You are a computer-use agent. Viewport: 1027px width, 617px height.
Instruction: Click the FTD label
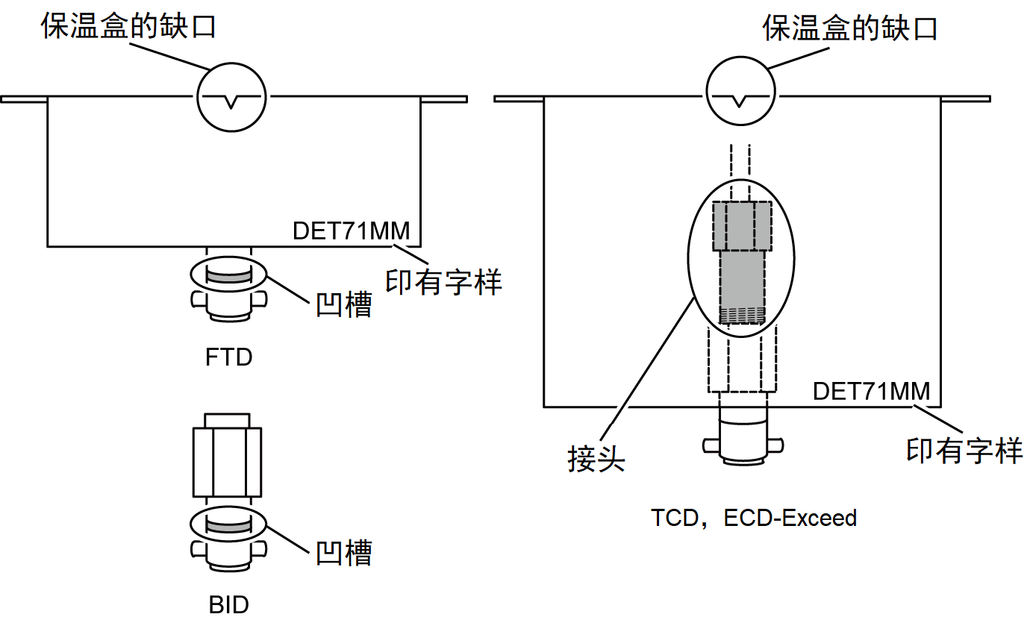pyautogui.click(x=229, y=357)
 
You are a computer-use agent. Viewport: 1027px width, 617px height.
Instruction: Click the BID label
pyautogui.click(x=229, y=604)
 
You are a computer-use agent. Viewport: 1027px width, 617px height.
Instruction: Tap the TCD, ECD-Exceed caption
pyautogui.click(x=754, y=518)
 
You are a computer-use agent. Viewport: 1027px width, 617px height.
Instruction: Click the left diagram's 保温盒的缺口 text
pyautogui.click(x=128, y=28)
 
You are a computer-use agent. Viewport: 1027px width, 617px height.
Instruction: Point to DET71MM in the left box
pyautogui.click(x=352, y=230)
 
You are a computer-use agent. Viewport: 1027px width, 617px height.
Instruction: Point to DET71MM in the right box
pyautogui.click(x=872, y=390)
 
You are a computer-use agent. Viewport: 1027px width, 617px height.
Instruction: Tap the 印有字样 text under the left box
pyautogui.click(x=443, y=281)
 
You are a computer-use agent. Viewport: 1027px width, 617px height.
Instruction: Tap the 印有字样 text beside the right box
pyautogui.click(x=964, y=451)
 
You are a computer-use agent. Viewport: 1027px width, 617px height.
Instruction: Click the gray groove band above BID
pyautogui.click(x=229, y=526)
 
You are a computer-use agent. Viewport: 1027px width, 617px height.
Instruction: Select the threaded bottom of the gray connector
pyautogui.click(x=742, y=316)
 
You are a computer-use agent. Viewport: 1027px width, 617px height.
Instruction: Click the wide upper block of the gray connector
pyautogui.click(x=742, y=226)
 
